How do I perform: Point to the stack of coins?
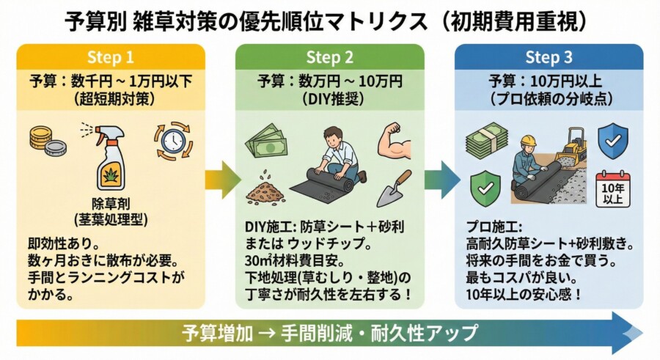[x=45, y=141]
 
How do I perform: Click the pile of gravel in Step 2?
[x=264, y=190]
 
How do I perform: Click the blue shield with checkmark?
[x=612, y=141]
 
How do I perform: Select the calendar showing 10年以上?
[x=613, y=190]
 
